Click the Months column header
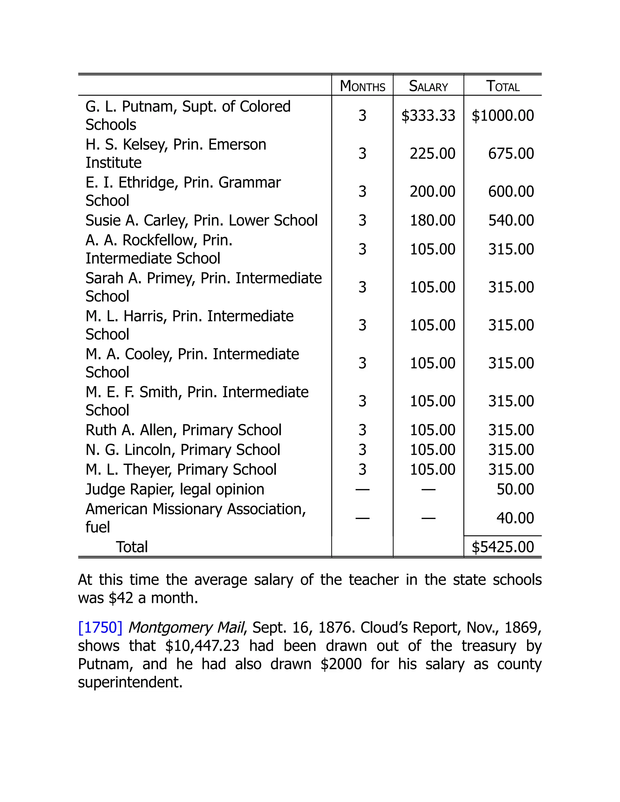click(362, 86)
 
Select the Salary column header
click(428, 86)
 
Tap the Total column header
click(503, 86)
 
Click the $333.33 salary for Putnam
click(428, 116)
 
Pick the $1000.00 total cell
click(503, 116)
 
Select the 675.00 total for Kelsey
click(510, 153)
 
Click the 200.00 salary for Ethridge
click(432, 192)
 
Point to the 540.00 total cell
click(510, 220)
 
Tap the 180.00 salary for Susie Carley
click(432, 220)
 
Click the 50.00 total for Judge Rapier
click(515, 489)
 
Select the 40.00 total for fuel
click(515, 518)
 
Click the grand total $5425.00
click(503, 547)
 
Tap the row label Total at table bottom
click(132, 547)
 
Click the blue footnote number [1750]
click(100, 628)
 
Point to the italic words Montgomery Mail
click(186, 628)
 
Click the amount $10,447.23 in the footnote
click(202, 646)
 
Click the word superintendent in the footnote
click(130, 682)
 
